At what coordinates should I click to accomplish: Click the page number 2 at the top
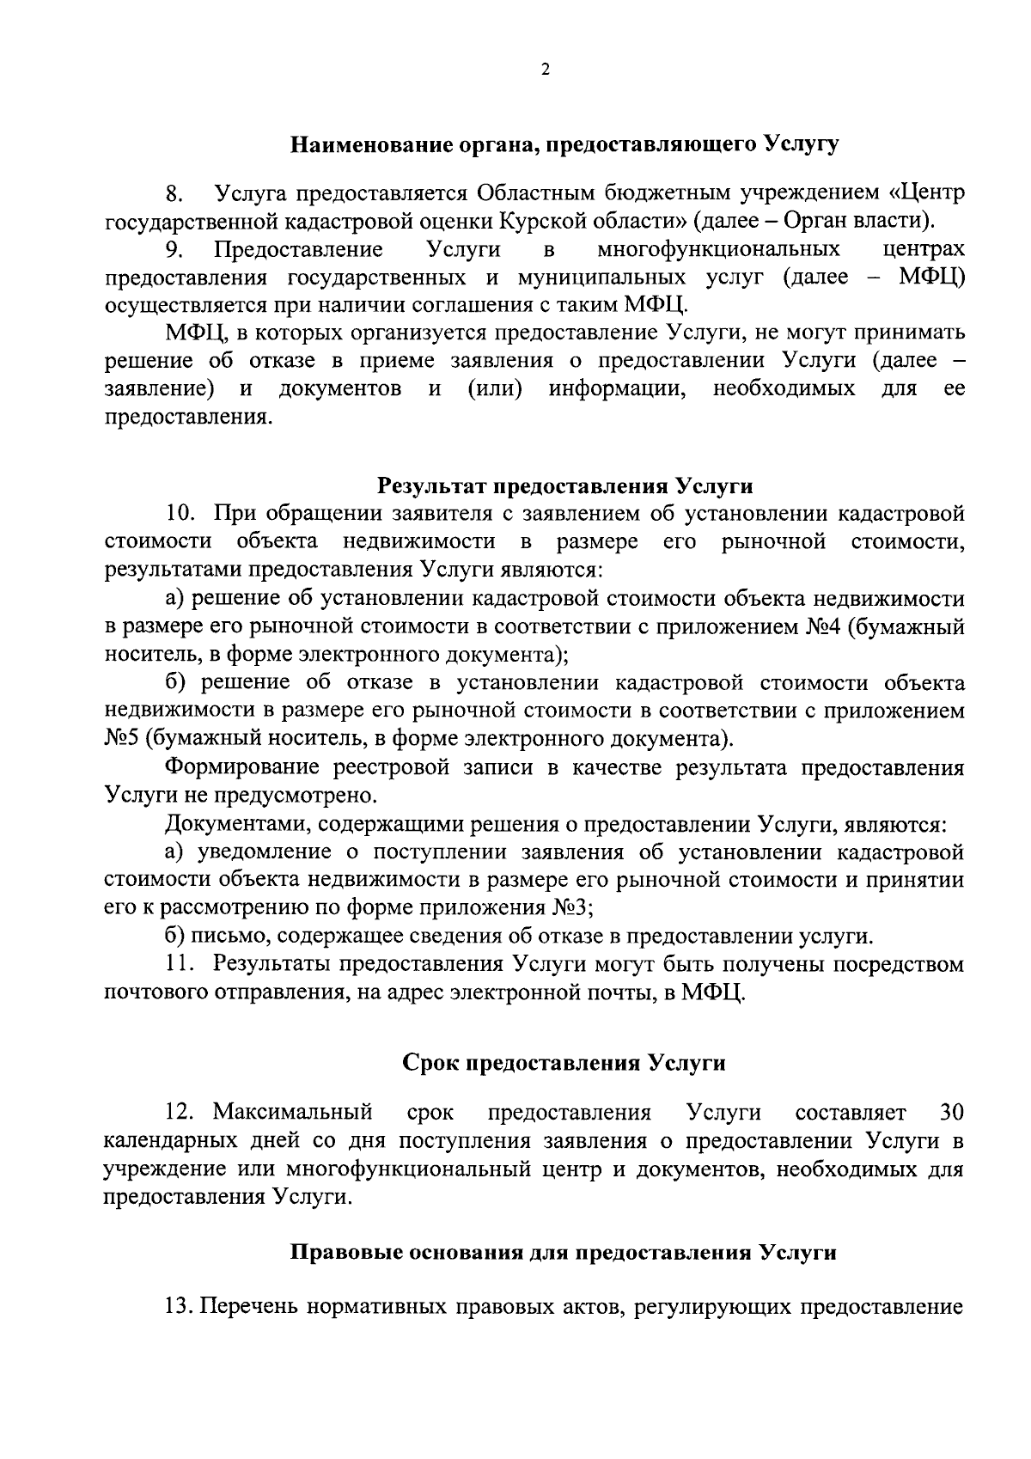click(545, 70)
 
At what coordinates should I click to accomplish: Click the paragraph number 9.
click(175, 250)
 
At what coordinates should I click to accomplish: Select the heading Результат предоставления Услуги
click(565, 486)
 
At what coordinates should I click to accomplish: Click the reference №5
click(123, 739)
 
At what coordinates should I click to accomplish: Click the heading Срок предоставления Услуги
click(564, 1063)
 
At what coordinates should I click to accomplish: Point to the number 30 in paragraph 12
click(950, 1113)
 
